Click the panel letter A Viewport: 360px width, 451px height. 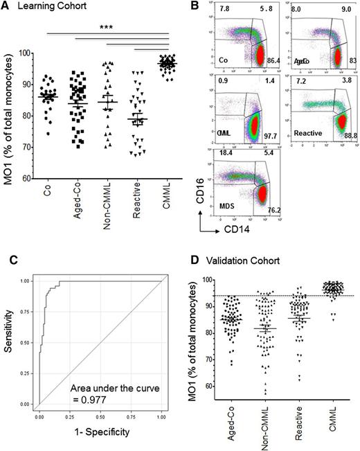point(6,6)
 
